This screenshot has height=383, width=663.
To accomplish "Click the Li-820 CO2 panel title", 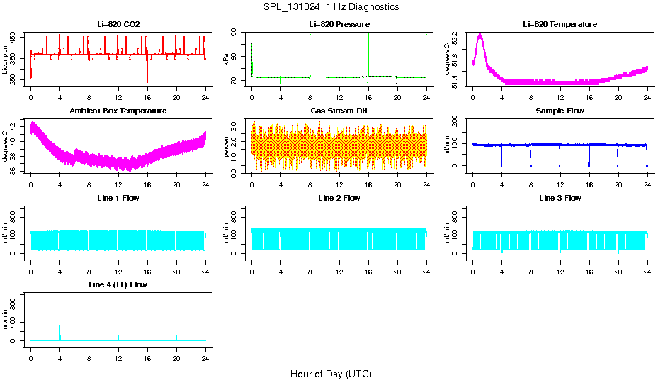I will [x=118, y=24].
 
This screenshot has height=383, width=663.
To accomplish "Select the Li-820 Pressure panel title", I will [x=339, y=24].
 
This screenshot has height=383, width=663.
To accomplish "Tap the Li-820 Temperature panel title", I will [x=560, y=24].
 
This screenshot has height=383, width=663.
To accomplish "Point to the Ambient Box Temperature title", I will [x=118, y=111].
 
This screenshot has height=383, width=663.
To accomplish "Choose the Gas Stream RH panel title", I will [x=339, y=111].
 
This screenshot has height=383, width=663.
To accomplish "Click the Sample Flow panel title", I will [x=560, y=111].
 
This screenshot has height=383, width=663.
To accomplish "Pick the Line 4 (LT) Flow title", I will [x=118, y=284].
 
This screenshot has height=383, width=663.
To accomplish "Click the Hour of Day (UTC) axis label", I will [x=331, y=374].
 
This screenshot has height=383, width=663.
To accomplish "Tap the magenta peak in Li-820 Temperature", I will [x=480, y=35].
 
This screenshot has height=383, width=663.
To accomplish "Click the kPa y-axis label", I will [x=226, y=60].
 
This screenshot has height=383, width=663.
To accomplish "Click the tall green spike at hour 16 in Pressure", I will [x=368, y=43].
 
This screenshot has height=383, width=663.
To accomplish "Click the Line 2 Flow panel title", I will [x=339, y=198].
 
